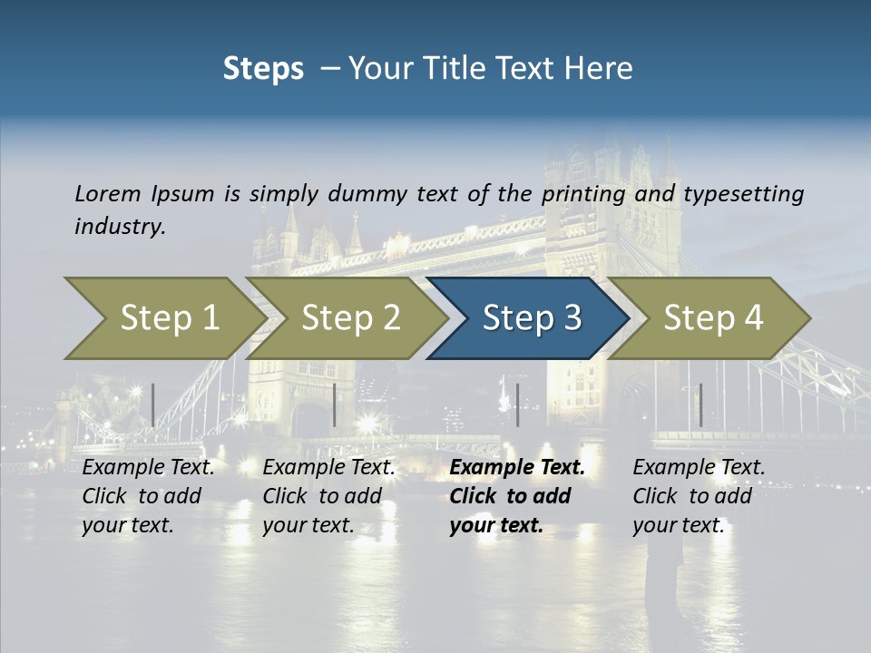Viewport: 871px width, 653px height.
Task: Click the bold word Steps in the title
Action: point(263,69)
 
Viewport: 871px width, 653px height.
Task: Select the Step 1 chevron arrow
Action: point(163,318)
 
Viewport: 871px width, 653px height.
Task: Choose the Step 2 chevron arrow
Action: point(348,318)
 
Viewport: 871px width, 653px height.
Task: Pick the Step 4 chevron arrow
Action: point(711,318)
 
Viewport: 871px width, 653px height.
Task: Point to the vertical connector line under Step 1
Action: point(152,404)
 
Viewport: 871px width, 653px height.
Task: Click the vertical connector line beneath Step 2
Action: point(335,404)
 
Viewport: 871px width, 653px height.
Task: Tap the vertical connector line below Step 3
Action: point(517,404)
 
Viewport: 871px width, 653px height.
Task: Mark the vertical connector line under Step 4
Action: point(700,404)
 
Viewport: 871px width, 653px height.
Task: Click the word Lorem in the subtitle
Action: point(108,193)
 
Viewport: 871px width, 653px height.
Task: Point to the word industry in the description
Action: point(119,226)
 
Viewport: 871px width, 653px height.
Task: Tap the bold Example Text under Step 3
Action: point(517,468)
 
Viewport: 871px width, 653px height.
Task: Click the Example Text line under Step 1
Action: point(148,468)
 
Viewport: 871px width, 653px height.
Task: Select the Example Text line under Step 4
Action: point(699,468)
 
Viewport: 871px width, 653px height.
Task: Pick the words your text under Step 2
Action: point(308,525)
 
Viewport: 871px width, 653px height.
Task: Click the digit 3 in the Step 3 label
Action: point(572,318)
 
